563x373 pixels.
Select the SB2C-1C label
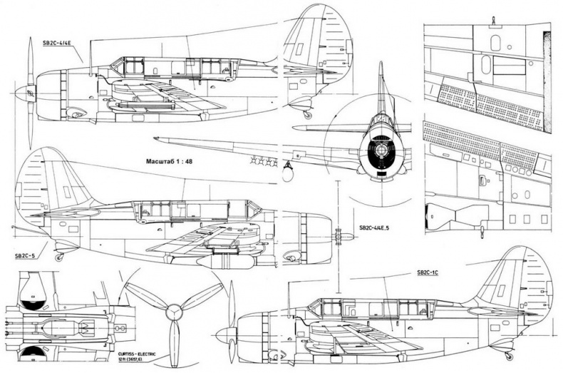coord(433,272)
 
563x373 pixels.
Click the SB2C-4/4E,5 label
coord(379,228)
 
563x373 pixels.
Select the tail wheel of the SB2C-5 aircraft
coord(58,257)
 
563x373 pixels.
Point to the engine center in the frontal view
coord(381,150)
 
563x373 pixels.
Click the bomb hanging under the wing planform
coord(288,172)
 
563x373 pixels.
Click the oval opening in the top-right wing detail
coord(486,65)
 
